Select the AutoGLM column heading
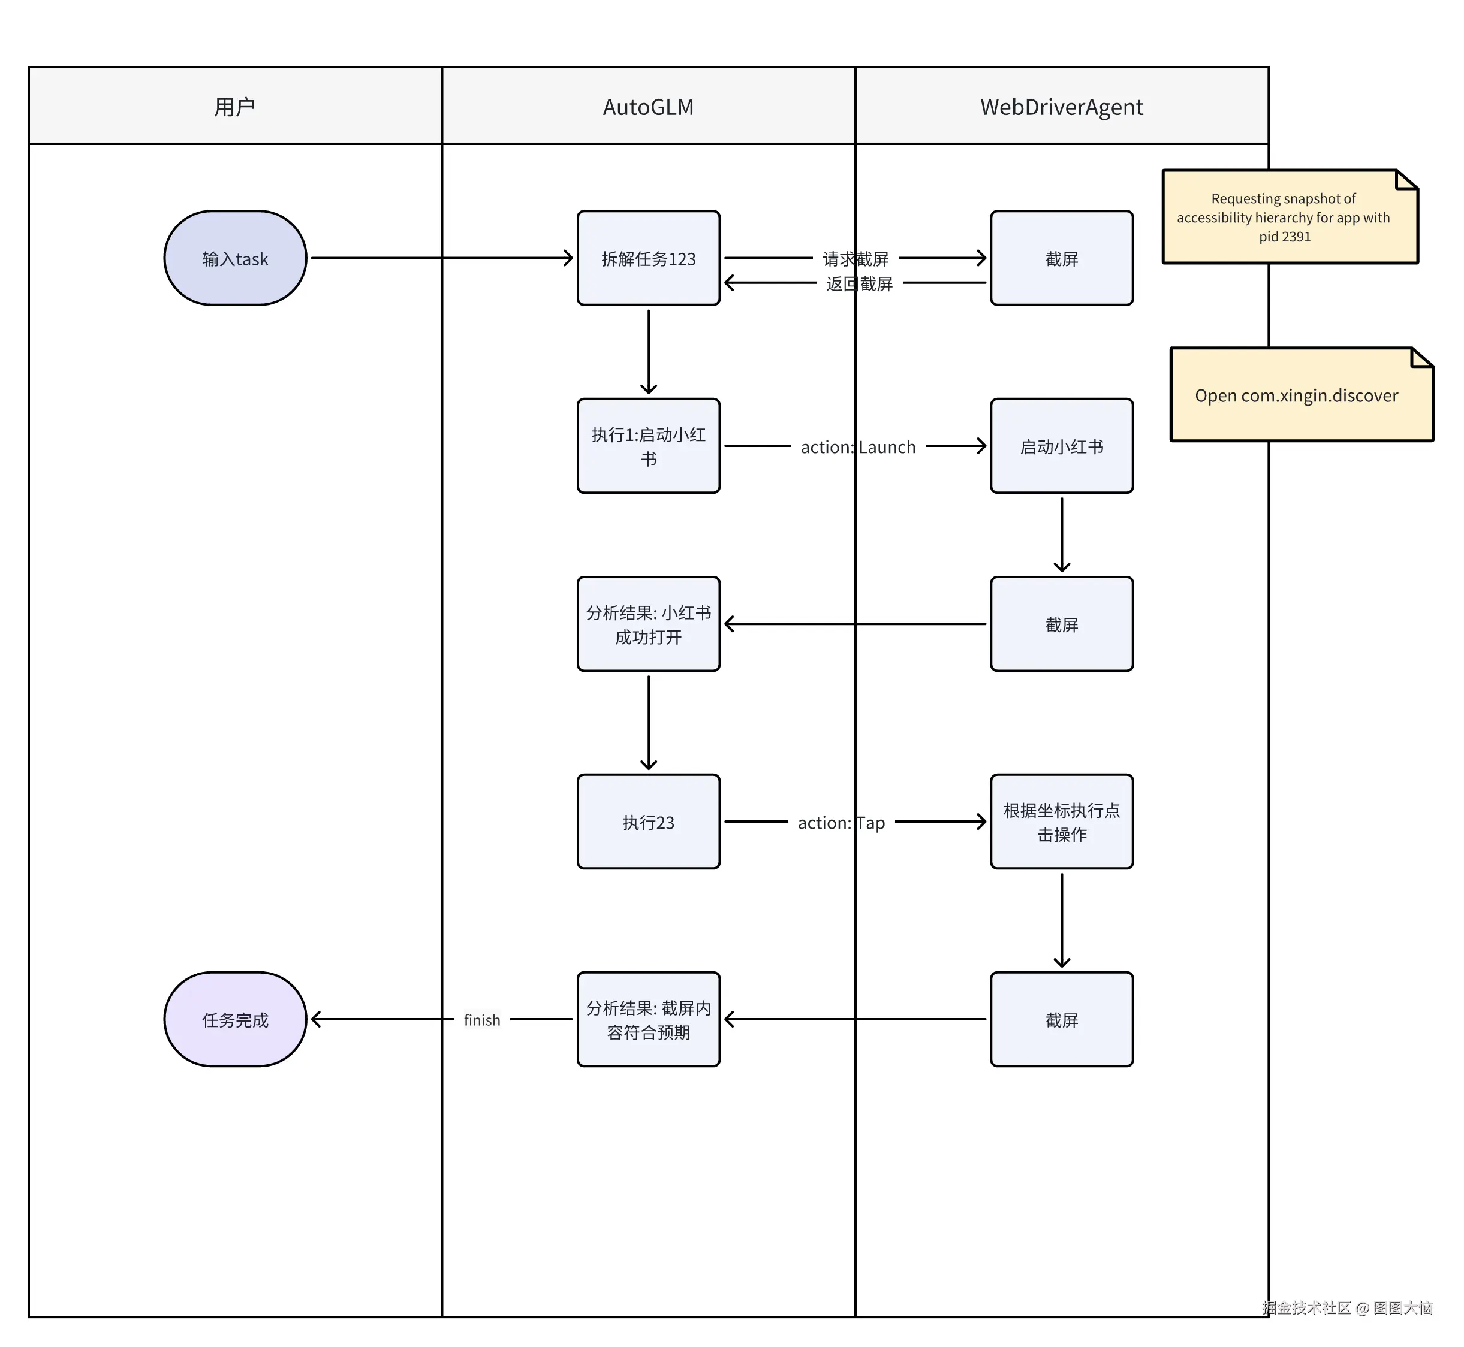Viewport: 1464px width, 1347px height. click(648, 107)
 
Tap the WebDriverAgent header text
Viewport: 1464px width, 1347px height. click(1062, 107)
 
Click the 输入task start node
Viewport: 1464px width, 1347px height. click(235, 259)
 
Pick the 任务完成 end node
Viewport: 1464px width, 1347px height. click(235, 1020)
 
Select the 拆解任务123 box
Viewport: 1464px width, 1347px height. click(648, 259)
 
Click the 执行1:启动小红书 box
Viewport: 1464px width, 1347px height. click(648, 446)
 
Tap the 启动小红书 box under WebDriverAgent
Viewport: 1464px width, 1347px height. click(1062, 446)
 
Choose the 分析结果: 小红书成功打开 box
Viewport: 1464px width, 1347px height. click(648, 624)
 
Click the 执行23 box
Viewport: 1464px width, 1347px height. click(648, 822)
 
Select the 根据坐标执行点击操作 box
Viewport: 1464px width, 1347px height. click(1062, 822)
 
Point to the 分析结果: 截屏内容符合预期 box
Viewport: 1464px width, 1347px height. click(648, 1020)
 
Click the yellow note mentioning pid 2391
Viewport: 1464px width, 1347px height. click(1289, 218)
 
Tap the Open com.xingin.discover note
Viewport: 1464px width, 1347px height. click(1301, 395)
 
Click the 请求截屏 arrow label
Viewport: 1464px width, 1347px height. click(855, 259)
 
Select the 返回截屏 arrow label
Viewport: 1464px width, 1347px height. click(859, 283)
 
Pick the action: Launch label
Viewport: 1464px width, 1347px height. click(857, 447)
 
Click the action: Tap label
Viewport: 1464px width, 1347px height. click(841, 823)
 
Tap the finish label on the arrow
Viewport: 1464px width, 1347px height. click(482, 1020)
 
